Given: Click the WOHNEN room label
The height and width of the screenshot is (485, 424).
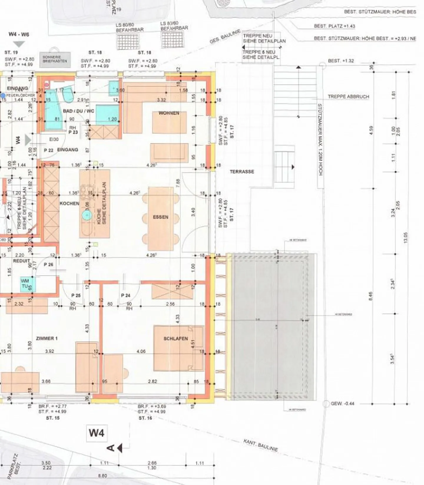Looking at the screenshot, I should pos(169,113).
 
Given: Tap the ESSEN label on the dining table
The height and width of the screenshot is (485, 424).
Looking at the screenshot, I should pos(160,217).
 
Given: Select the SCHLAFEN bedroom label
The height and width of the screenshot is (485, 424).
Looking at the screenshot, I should pos(175,339).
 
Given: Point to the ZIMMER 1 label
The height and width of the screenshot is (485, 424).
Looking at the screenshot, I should pos(47,338).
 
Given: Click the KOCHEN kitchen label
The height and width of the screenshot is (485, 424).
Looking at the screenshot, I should pos(69,203).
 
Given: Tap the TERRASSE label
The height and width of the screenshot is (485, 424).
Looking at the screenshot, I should pos(242,171).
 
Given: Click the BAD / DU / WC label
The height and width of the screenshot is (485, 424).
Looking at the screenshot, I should pos(78,111).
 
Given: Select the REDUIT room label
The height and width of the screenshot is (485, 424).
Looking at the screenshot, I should pos(21,261).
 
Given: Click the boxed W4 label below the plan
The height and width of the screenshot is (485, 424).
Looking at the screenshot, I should pos(97,433).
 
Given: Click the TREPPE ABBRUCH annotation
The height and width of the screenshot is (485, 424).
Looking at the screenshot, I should pos(348,97).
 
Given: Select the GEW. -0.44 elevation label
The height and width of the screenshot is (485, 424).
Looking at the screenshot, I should pos(342,404).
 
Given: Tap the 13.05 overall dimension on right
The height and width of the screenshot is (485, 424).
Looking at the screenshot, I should pos(406,237).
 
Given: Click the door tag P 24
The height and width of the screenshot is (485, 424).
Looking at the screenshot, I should pos(126,295).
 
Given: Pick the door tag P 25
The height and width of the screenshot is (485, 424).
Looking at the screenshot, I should pos(76,295).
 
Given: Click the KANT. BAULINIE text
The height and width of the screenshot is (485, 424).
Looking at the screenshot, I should pos(261,445).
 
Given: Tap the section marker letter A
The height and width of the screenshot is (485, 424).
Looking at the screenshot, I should pos(111,448).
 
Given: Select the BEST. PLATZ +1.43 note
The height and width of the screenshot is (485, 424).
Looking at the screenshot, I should pos(334,26).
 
